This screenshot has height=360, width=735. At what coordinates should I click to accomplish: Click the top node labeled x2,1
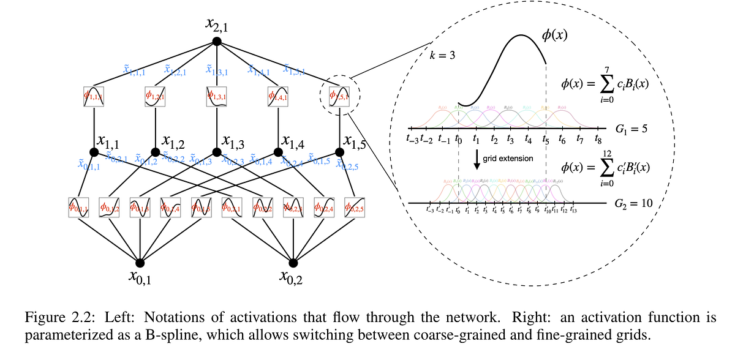tap(216, 41)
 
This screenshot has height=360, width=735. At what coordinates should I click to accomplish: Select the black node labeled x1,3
tap(216, 152)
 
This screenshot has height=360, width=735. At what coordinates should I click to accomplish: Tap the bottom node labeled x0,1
tap(140, 263)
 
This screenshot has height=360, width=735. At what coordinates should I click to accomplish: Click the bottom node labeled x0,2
tap(293, 263)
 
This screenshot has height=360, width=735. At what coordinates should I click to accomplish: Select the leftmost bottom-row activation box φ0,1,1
tap(79, 208)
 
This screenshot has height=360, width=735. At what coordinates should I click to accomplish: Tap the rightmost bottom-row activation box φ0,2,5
tap(354, 208)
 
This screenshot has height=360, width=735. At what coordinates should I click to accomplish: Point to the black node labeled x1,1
tap(94, 152)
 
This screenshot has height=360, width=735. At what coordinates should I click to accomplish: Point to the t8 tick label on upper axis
tap(598, 140)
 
